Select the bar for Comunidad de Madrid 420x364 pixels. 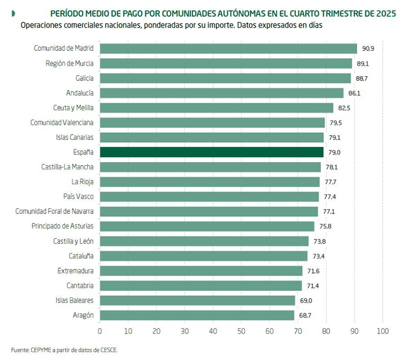[x=228, y=48]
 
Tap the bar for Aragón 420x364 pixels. [x=197, y=316]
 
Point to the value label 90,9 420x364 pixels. [x=368, y=48]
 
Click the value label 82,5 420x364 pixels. [x=345, y=108]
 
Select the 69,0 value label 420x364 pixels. [x=306, y=301]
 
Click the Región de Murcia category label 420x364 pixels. [x=70, y=63]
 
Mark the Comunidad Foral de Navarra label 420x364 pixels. [x=55, y=212]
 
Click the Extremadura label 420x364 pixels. [x=75, y=271]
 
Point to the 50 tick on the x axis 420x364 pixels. [x=241, y=331]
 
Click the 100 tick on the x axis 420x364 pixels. [x=382, y=331]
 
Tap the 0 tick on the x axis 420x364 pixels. [x=99, y=331]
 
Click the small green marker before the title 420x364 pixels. [x=13, y=13]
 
